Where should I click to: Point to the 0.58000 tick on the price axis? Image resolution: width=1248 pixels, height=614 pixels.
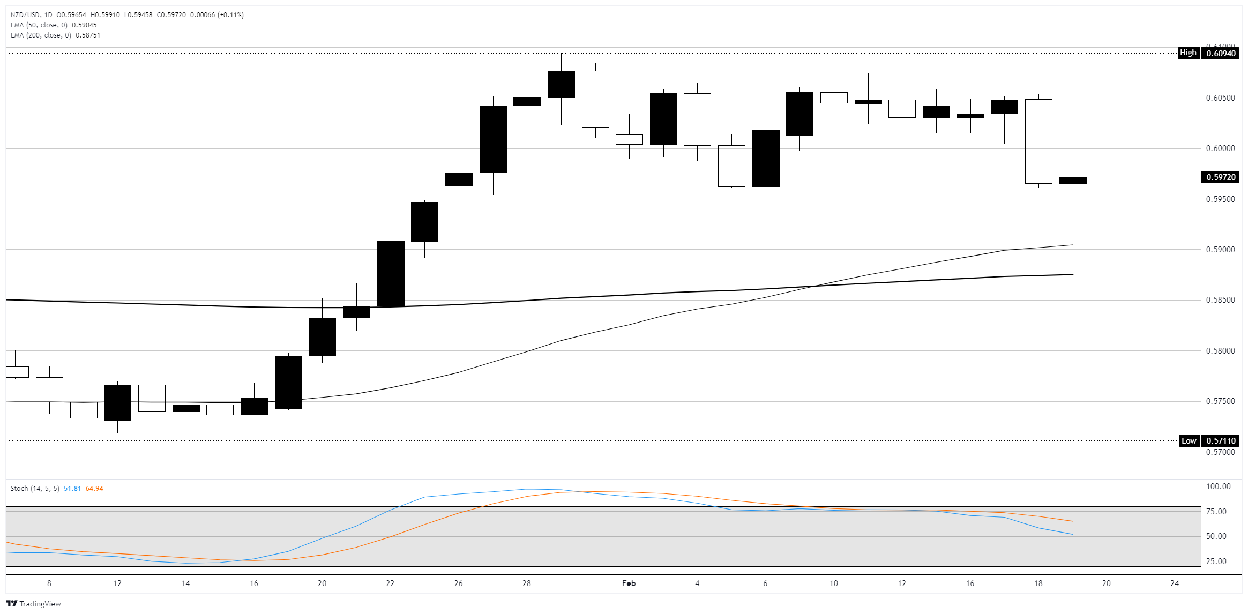[1220, 351]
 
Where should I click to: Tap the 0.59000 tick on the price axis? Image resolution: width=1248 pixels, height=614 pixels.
[1220, 250]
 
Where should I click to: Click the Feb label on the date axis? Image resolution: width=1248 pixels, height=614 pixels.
[629, 583]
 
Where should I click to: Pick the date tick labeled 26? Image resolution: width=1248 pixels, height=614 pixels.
[458, 583]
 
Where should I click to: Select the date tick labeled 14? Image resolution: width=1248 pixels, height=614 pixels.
[185, 583]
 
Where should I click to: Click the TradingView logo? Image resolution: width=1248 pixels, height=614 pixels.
[33, 604]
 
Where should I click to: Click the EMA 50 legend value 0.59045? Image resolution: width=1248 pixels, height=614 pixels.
[84, 25]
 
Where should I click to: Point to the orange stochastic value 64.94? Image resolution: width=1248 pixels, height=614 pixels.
[94, 489]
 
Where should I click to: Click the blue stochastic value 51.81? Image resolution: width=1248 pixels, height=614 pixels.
[72, 489]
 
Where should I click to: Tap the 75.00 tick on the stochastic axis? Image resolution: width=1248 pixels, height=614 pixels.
[1216, 512]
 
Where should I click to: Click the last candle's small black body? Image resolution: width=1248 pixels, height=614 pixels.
[1073, 181]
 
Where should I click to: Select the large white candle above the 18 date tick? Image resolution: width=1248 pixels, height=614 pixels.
[1038, 141]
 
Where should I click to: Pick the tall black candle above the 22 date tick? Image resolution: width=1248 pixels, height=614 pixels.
[391, 273]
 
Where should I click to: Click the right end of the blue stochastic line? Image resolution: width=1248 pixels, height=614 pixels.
[1072, 534]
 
